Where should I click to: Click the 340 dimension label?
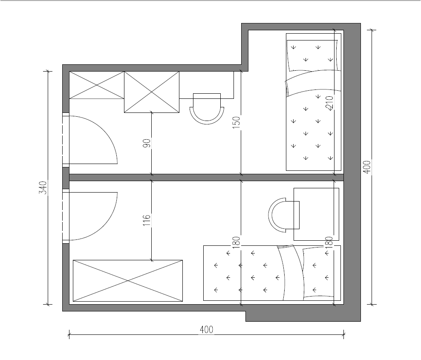(x=43, y=187)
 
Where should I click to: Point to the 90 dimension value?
(x=147, y=143)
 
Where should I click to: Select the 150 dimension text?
(x=236, y=122)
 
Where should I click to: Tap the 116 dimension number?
(x=147, y=220)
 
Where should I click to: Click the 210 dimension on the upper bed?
(x=329, y=104)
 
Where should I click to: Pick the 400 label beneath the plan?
(x=207, y=329)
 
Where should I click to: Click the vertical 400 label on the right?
(x=367, y=167)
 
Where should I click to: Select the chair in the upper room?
(x=207, y=109)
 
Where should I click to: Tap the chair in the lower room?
(x=284, y=215)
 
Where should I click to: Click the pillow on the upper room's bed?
(x=312, y=55)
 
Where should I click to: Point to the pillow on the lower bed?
(x=318, y=273)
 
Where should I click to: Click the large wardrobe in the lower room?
(x=128, y=280)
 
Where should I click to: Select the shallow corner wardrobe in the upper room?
(x=97, y=85)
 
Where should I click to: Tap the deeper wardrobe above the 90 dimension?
(x=152, y=92)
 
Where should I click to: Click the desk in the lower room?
(x=316, y=214)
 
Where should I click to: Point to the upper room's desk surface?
(x=207, y=85)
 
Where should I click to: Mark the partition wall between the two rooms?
(x=207, y=178)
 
